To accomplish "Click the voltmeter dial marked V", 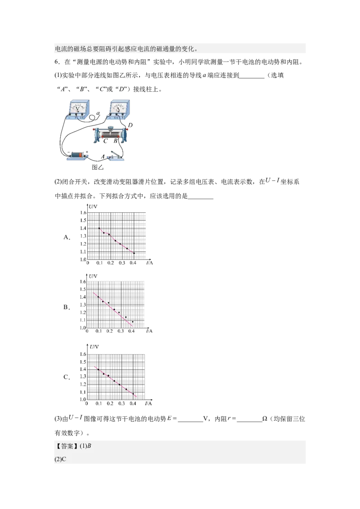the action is [78, 107].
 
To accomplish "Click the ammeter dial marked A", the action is [118, 107].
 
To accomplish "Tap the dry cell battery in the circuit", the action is [77, 155].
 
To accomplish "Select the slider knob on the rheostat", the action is [110, 128].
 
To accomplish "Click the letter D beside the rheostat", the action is [130, 125].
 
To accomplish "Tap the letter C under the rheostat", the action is [105, 141].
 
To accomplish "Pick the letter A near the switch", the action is [103, 156].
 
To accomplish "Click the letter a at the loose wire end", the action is [99, 113].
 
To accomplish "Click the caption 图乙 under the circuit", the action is [98, 167].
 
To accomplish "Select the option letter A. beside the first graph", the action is [67, 237].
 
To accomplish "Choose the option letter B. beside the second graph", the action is [67, 307].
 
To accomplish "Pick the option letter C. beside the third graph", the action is [67, 377].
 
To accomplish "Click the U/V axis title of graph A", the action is [93, 206].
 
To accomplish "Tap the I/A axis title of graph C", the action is [148, 403].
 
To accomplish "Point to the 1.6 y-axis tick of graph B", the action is [83, 281].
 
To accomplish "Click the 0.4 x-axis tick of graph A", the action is [133, 263].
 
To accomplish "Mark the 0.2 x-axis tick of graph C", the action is [110, 403].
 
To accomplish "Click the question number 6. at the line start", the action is [57, 62].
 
